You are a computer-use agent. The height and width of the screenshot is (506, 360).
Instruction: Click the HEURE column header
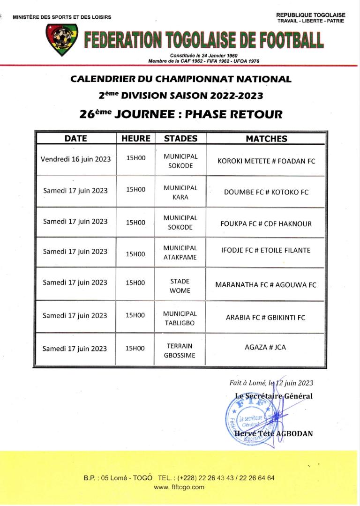click(x=136, y=139)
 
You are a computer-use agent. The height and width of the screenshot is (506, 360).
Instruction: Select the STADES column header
click(x=180, y=139)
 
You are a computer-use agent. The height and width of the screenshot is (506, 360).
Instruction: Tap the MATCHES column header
click(x=266, y=139)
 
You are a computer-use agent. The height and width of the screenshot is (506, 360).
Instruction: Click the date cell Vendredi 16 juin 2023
click(x=76, y=159)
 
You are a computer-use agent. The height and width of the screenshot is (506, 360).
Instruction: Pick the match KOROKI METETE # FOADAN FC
click(x=266, y=161)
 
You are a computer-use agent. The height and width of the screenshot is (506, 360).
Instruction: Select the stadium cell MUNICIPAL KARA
click(x=180, y=193)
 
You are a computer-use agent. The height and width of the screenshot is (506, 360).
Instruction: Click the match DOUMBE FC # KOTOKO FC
click(x=266, y=192)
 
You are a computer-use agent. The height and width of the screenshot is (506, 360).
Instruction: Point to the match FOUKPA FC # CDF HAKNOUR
click(x=266, y=223)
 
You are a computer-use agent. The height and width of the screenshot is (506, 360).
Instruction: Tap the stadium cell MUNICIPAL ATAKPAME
click(x=180, y=253)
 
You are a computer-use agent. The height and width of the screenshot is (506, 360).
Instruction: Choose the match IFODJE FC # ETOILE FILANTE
click(x=266, y=250)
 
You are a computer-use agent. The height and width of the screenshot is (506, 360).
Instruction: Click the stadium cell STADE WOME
click(x=180, y=286)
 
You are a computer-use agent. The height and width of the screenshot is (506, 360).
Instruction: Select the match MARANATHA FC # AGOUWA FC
click(x=266, y=284)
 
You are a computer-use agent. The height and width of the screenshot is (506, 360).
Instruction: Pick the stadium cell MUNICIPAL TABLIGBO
click(x=180, y=318)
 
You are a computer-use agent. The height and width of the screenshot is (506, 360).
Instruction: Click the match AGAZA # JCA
click(x=265, y=347)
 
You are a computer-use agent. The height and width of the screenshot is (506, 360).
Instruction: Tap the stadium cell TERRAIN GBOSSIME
click(x=180, y=350)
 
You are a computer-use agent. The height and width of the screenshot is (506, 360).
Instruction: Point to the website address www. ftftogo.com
click(x=180, y=487)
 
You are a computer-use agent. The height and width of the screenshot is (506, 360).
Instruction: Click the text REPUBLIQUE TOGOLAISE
click(x=311, y=15)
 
